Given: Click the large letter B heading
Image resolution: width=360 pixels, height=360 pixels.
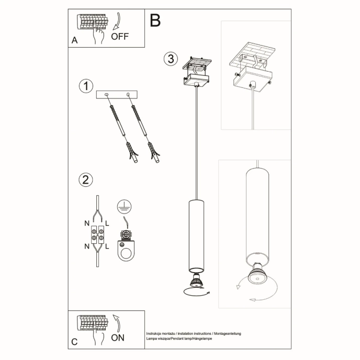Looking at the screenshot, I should coord(155,20).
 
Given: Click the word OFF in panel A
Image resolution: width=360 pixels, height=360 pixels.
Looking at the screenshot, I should coord(119,37).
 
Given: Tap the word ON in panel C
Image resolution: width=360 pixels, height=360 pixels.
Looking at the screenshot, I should coord(118,337).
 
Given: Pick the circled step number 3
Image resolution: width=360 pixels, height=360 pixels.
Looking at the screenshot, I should coord(169,59).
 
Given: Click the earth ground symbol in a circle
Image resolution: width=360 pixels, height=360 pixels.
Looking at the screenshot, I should coord(122,206).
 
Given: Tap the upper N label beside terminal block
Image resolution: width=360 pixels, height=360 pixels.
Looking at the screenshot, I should coord(87,223).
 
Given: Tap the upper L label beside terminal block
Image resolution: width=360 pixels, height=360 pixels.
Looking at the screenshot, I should coord(107,223).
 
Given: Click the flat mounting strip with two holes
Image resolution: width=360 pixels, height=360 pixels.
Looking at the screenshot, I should coord(117,95).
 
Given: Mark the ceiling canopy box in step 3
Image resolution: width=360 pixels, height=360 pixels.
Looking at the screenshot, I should coord(196,81).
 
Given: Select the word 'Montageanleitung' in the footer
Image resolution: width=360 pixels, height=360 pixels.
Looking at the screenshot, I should coord(226,333).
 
